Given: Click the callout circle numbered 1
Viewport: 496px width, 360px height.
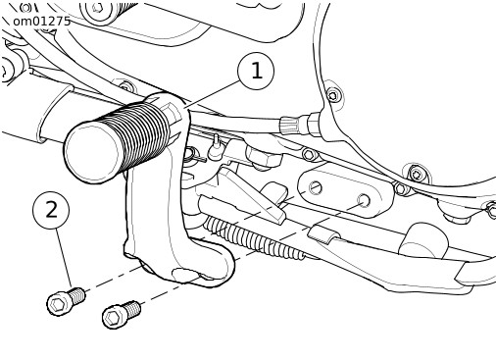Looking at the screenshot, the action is click(x=256, y=71).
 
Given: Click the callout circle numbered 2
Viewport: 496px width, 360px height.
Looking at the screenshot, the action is click(x=51, y=210).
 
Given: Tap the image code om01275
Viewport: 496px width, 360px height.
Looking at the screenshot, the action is click(x=41, y=22).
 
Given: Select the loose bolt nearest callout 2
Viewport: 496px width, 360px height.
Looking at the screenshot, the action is click(x=66, y=301).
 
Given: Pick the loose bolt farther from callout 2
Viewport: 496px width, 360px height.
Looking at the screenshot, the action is click(x=122, y=315).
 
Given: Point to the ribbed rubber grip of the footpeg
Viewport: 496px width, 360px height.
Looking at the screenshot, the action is click(x=137, y=134).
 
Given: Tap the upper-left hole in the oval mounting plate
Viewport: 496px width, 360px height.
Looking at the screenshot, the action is click(x=316, y=187).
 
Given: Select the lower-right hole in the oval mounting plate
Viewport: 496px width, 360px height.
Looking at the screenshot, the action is click(x=364, y=200).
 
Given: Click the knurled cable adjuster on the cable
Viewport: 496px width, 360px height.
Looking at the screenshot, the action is click(x=289, y=126).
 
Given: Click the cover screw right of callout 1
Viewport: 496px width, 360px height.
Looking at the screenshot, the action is click(x=332, y=95).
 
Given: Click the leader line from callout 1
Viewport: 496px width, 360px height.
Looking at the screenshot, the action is click(x=212, y=94).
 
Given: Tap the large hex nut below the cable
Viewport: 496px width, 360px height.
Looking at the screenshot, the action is click(x=264, y=156).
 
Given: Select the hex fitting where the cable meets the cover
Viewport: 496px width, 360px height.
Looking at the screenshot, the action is click(x=315, y=124).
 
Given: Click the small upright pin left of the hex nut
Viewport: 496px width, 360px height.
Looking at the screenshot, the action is click(x=217, y=146).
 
